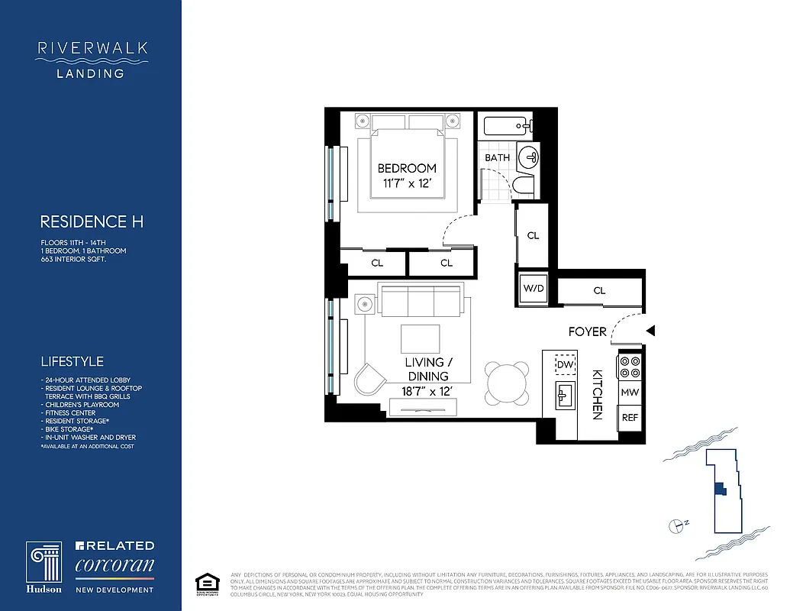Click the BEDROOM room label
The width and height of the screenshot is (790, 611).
tap(407, 168)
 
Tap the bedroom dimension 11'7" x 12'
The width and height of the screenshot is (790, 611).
tap(407, 183)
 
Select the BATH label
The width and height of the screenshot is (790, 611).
tap(498, 158)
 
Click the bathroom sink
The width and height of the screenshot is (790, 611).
tap(528, 157)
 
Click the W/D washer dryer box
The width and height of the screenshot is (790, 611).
tap(533, 289)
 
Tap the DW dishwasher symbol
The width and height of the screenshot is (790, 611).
tap(565, 366)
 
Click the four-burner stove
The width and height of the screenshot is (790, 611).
tap(630, 367)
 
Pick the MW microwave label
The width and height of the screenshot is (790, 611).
tap(630, 393)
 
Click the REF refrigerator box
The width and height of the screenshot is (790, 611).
tap(630, 418)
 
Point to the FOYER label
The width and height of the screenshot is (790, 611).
tap(588, 331)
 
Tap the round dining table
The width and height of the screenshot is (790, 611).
tap(508, 382)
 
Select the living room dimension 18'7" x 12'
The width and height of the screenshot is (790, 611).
tap(427, 391)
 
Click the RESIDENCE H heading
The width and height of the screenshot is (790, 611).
tap(92, 222)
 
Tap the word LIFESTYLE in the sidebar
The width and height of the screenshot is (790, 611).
tap(72, 361)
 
